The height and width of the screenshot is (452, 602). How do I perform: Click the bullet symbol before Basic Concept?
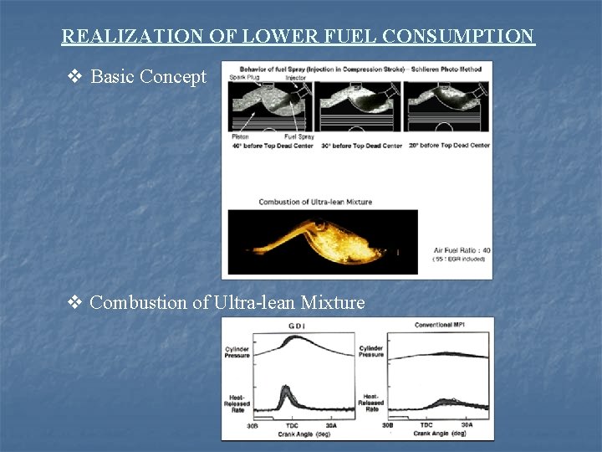click(x=74, y=77)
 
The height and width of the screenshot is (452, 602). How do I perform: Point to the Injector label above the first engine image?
click(x=296, y=78)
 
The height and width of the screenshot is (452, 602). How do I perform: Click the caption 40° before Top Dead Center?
click(x=273, y=146)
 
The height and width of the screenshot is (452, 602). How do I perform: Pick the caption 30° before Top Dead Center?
click(x=360, y=146)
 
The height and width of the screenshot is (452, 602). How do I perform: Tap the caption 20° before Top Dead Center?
click(x=449, y=146)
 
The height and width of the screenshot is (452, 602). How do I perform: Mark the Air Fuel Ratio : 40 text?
click(x=462, y=250)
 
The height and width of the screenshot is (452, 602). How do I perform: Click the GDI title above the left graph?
click(x=297, y=326)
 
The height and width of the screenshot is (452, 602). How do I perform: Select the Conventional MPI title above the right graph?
click(x=441, y=325)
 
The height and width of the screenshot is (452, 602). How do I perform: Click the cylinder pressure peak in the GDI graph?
click(x=288, y=339)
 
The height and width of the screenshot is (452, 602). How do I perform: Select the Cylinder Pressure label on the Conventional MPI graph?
click(x=371, y=352)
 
